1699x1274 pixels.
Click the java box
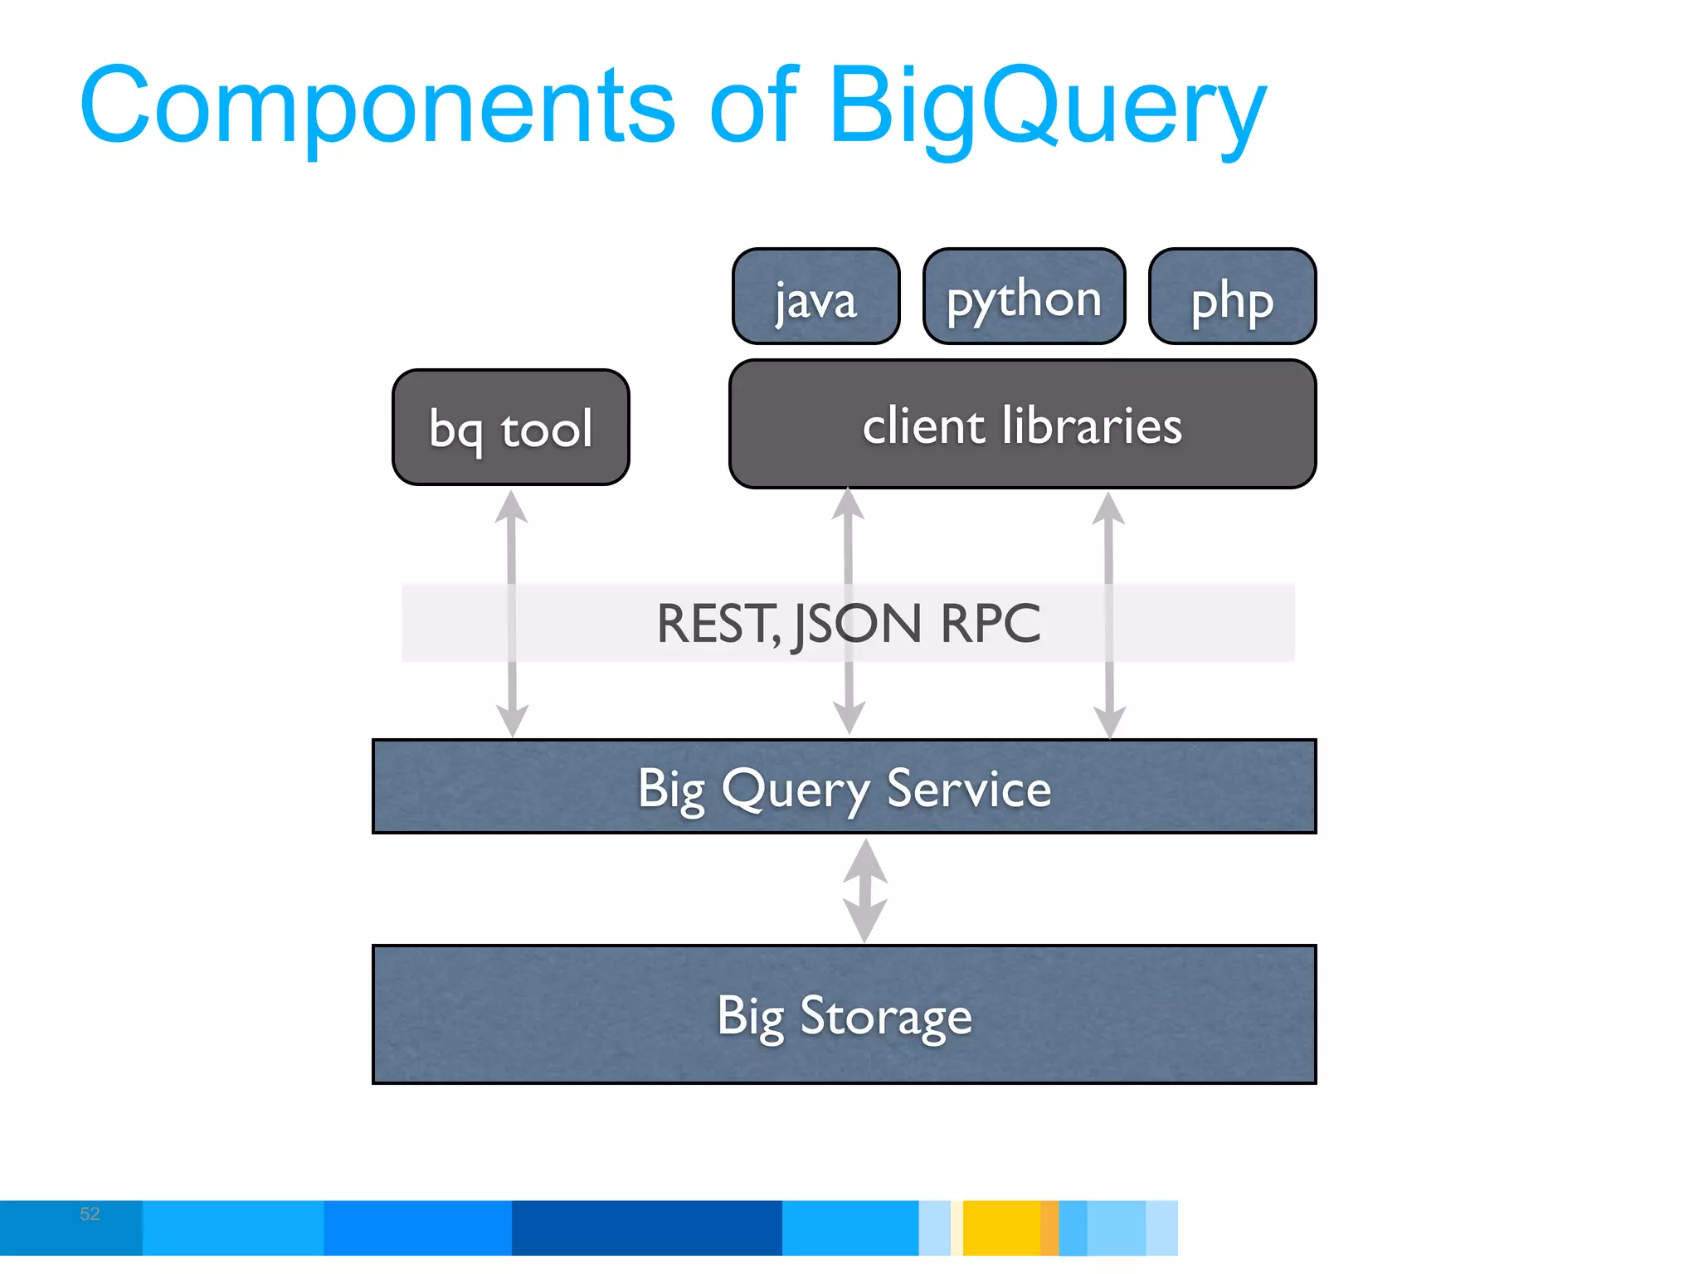[816, 297]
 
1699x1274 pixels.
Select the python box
[1024, 297]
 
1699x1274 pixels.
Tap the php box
[1232, 297]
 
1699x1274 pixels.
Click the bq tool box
[511, 428]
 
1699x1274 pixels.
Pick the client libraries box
[1022, 425]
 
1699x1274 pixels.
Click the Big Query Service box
[845, 786]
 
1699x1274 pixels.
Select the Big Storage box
[845, 1014]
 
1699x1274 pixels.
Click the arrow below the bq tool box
[512, 614]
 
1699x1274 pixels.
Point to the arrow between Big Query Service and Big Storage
[865, 890]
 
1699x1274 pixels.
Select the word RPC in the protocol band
[991, 624]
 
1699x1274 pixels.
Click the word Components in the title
[377, 106]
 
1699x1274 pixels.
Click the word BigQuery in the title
[1047, 106]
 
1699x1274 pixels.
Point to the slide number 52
[90, 1214]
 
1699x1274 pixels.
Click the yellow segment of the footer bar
[1001, 1228]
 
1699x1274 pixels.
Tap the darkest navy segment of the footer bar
[646, 1228]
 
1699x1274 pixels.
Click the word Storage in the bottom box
[885, 1016]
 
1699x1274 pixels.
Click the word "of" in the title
[753, 106]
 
